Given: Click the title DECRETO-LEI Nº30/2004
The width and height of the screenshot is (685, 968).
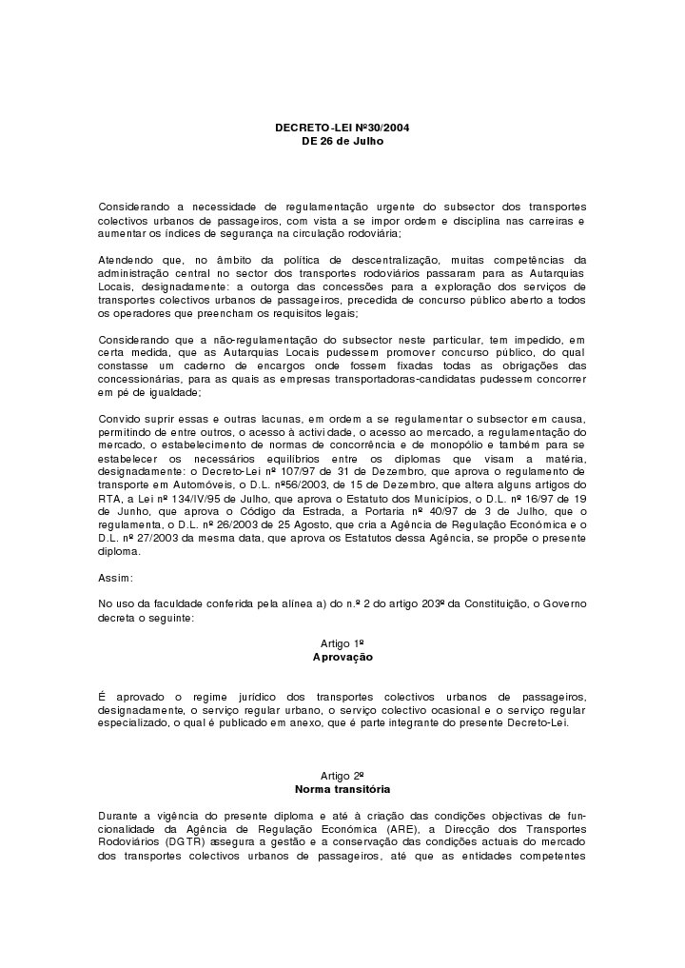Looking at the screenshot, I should click(x=342, y=128).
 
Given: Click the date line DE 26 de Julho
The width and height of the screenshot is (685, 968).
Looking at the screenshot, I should click(x=342, y=140).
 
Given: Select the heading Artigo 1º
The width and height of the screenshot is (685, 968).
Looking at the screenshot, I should click(x=342, y=644).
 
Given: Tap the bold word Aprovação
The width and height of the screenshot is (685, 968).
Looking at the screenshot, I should click(x=342, y=658).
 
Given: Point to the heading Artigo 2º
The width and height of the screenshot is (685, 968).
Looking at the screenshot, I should click(x=342, y=776).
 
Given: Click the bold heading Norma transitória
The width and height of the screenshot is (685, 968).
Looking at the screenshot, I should click(x=342, y=789).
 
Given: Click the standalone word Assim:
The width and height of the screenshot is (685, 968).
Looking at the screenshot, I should click(x=116, y=578).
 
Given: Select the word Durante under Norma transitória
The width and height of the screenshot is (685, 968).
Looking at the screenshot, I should click(x=121, y=816).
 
